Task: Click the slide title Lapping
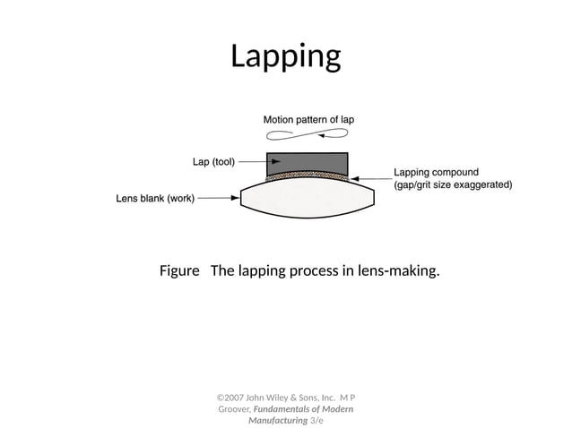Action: click(x=286, y=56)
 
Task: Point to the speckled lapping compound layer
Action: click(x=307, y=178)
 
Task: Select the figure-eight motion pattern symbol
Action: click(x=308, y=134)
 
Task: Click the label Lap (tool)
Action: click(x=213, y=162)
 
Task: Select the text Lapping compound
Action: click(x=436, y=172)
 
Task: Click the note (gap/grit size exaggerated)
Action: click(x=453, y=185)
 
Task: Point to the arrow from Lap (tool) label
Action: click(x=252, y=162)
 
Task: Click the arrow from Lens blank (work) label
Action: click(x=220, y=198)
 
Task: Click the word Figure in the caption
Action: click(x=178, y=270)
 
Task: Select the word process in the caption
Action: click(x=315, y=270)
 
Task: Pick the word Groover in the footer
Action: click(x=235, y=408)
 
